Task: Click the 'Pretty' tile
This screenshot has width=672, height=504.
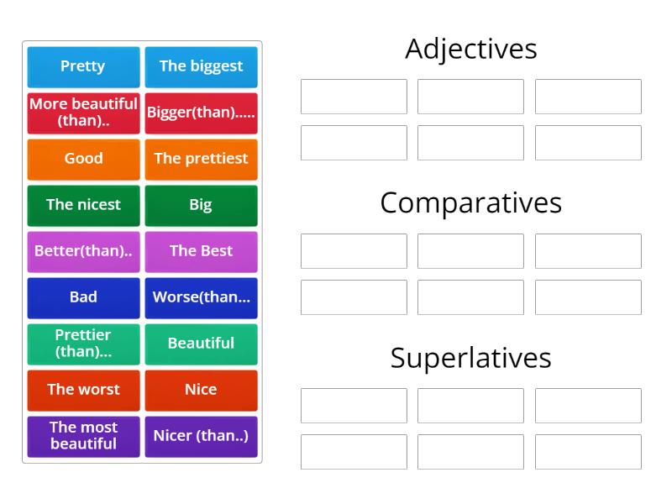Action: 83,66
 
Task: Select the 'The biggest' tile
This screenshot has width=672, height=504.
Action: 201,66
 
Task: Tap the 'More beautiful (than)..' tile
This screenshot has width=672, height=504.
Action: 83,113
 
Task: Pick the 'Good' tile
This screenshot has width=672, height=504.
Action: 83,159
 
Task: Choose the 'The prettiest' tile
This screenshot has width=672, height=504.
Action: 201,159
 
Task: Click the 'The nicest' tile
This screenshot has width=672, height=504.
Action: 83,205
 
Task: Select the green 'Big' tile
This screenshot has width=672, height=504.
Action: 201,205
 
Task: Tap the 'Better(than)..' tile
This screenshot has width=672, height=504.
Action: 83,251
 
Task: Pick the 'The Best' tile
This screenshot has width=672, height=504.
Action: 201,251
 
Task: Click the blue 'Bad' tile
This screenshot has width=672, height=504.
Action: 83,297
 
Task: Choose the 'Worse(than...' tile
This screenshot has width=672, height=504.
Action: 201,297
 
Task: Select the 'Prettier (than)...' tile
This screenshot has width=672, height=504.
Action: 83,344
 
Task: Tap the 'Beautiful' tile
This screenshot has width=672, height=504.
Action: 201,344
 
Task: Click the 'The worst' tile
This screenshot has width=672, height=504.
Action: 83,390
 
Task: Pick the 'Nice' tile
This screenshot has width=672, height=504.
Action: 201,390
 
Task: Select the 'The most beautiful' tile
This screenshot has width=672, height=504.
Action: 83,436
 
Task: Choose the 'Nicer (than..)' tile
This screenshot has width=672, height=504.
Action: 201,436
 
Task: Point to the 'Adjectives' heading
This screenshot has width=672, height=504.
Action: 470,49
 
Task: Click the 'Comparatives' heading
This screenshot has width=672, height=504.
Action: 470,203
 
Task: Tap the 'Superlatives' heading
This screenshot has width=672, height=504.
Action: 470,358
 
